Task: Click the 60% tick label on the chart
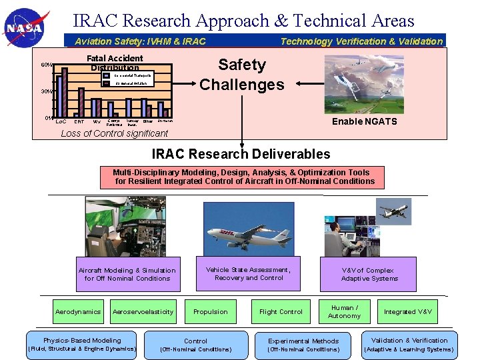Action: [x=46, y=65]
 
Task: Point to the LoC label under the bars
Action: [x=59, y=121]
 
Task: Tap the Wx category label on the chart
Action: [x=97, y=121]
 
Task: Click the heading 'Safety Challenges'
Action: [x=242, y=75]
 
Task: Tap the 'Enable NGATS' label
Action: [x=365, y=121]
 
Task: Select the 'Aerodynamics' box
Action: [x=78, y=312]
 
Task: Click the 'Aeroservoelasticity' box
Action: [x=143, y=312]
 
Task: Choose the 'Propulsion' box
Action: [x=211, y=312]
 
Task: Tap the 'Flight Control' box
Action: [x=281, y=312]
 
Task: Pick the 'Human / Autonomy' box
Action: [x=344, y=311]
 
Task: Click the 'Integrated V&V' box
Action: [x=408, y=312]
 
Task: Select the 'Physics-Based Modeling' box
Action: [x=82, y=345]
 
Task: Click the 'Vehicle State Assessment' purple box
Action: [x=248, y=274]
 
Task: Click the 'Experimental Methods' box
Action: [x=303, y=345]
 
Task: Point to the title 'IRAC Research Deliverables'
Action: [x=241, y=154]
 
